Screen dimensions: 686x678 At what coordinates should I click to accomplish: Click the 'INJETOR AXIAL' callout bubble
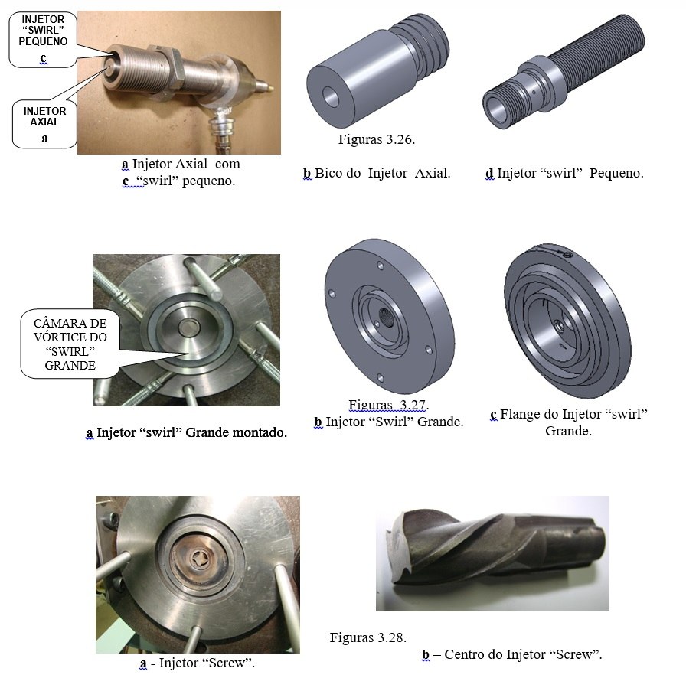point(44,124)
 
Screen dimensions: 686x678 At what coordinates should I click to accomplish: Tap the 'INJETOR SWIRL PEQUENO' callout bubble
point(43,39)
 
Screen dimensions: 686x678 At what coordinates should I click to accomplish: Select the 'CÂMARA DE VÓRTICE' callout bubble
point(70,344)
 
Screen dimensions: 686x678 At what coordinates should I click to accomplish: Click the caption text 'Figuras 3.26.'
point(377,139)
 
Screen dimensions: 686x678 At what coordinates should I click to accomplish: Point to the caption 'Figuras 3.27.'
point(388,405)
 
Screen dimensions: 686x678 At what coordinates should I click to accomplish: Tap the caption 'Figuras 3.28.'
point(368,637)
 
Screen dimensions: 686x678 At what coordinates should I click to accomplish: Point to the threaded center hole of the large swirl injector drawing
point(386,316)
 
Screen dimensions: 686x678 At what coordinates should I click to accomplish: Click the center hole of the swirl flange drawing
point(559,326)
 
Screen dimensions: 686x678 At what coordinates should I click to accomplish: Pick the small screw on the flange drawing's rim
point(567,254)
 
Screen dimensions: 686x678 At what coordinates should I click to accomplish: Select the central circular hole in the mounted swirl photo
point(189,325)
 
